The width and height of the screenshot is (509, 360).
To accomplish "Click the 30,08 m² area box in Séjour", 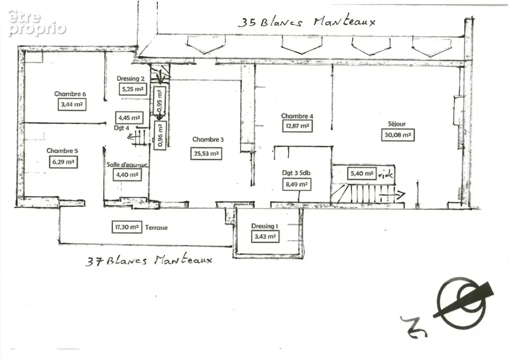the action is coord(397,135).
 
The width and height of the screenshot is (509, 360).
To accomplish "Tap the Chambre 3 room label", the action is coord(208,139).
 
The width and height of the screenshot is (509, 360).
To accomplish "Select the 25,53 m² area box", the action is coord(206,153).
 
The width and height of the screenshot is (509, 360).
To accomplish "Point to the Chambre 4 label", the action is coord(297,116).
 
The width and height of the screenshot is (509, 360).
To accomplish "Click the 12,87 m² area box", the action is coord(297,126).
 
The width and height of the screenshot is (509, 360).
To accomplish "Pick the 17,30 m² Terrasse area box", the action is coord(127,227).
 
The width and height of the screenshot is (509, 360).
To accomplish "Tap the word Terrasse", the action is coord(156,227).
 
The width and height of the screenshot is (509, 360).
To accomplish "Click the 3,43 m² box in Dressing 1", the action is coord(265,237).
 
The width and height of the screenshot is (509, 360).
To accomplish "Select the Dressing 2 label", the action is coord(130,79).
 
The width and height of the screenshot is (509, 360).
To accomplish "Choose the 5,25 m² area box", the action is coord(133,89).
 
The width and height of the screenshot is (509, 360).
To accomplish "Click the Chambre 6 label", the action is coord(70,94).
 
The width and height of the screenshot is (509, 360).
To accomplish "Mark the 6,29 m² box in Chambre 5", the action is coord(63,162).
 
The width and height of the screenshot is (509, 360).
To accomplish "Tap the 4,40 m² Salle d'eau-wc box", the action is coord(127,175).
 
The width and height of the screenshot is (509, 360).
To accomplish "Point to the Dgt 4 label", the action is coord(121,128).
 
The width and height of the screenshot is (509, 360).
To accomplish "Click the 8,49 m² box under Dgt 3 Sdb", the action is coord(297,184).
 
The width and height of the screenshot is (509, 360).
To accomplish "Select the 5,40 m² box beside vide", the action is coord(362,174).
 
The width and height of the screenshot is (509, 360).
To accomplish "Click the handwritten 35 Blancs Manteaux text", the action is coord(307,22).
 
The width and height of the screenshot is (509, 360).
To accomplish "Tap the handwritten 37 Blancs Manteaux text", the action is coord(149,260).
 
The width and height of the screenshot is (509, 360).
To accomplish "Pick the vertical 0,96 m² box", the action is coord(161,135).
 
